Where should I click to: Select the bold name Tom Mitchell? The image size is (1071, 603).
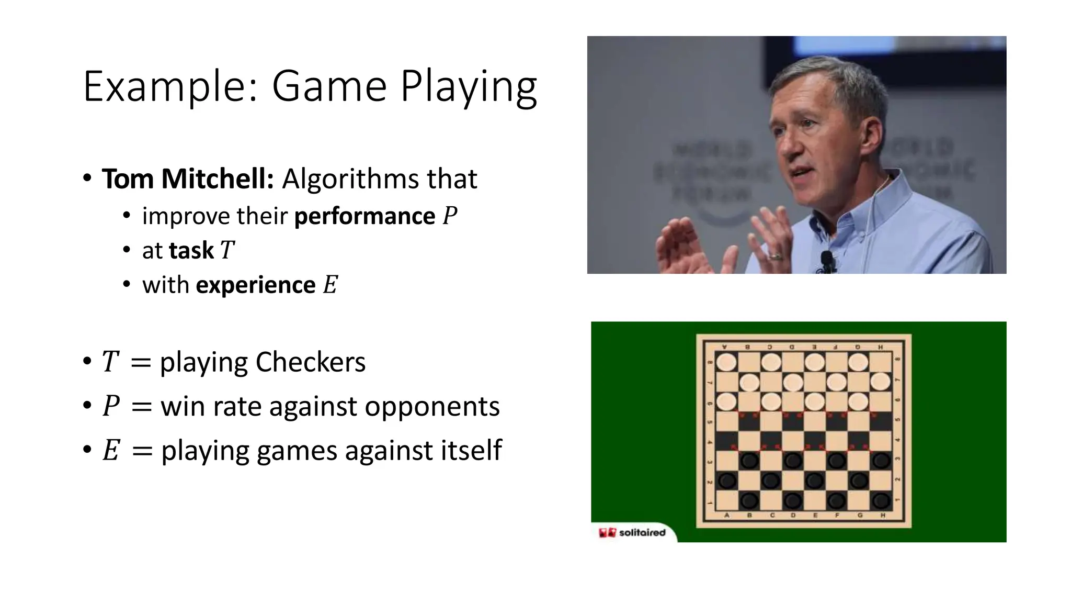(188, 179)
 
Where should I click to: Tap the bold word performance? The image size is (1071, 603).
(364, 216)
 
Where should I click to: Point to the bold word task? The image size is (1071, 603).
(191, 251)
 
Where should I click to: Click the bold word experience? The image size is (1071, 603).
(256, 285)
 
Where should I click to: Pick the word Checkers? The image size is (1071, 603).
(310, 362)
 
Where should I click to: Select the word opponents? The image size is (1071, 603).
(432, 407)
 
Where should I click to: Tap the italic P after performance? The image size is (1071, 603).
(450, 216)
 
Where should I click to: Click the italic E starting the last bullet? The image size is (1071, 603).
(111, 451)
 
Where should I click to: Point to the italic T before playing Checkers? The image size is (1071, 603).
(110, 362)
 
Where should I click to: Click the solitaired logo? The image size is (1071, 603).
(633, 532)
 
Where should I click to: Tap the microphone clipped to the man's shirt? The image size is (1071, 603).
(827, 260)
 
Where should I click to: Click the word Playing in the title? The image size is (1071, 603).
(469, 87)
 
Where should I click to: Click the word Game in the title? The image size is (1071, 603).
(329, 87)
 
